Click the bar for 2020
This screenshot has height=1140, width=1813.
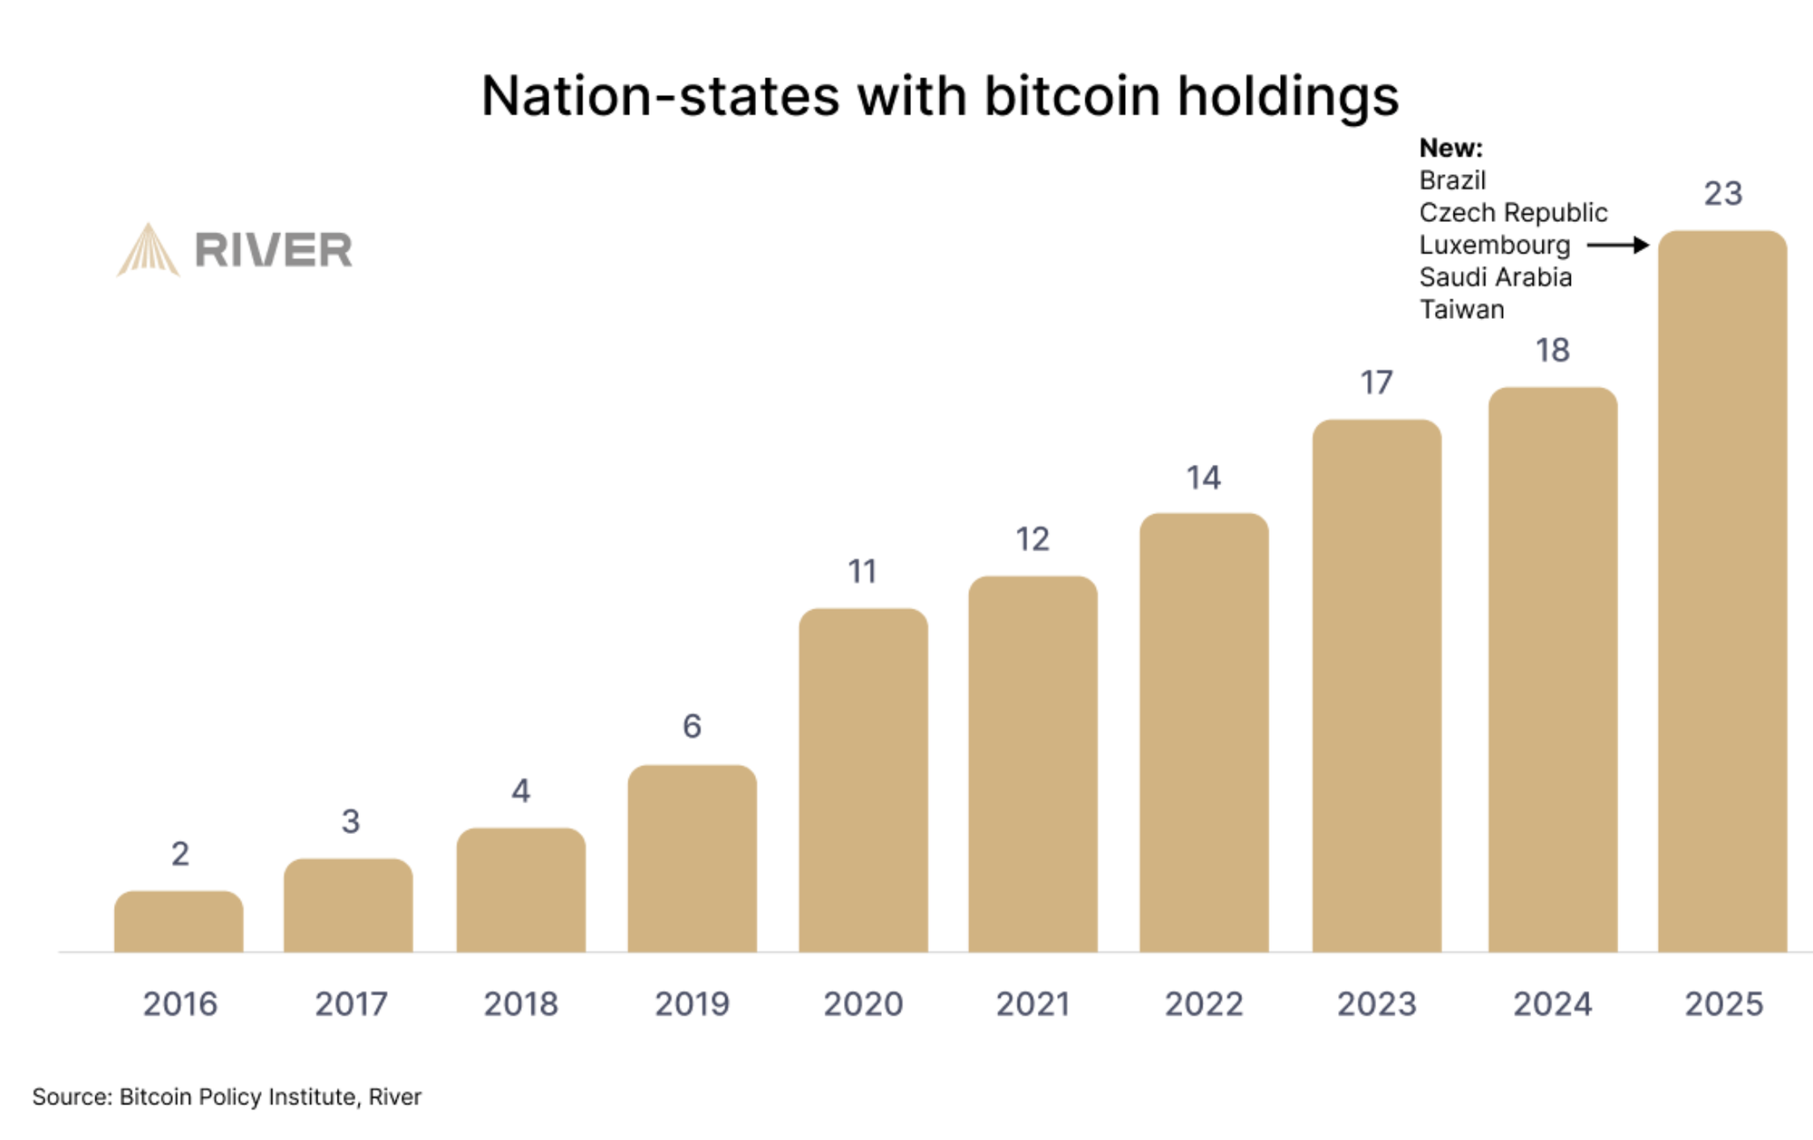tap(863, 779)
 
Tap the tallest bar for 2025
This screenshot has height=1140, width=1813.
tap(1722, 589)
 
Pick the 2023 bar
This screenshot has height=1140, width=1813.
tap(1376, 685)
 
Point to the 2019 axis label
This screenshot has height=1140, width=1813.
tap(692, 1004)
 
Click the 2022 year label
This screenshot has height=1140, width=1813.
tap(1204, 1004)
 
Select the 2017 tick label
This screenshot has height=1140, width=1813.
tap(351, 1004)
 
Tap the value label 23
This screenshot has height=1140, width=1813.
tap(1722, 193)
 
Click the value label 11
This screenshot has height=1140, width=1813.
tap(862, 571)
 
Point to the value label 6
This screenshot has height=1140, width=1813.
tap(692, 726)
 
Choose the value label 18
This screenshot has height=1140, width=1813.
tap(1552, 350)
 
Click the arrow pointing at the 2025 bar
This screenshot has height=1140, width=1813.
tap(1617, 245)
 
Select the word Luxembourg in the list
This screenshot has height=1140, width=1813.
tap(1494, 245)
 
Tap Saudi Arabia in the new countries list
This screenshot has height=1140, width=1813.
tap(1495, 277)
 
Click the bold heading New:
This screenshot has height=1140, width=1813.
tap(1450, 148)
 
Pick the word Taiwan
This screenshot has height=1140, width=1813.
tap(1461, 310)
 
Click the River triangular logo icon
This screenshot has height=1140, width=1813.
tap(148, 250)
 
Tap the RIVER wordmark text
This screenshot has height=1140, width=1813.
tap(273, 250)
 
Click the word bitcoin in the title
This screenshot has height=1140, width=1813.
tap(1071, 96)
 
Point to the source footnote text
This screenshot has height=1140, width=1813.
tap(227, 1097)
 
